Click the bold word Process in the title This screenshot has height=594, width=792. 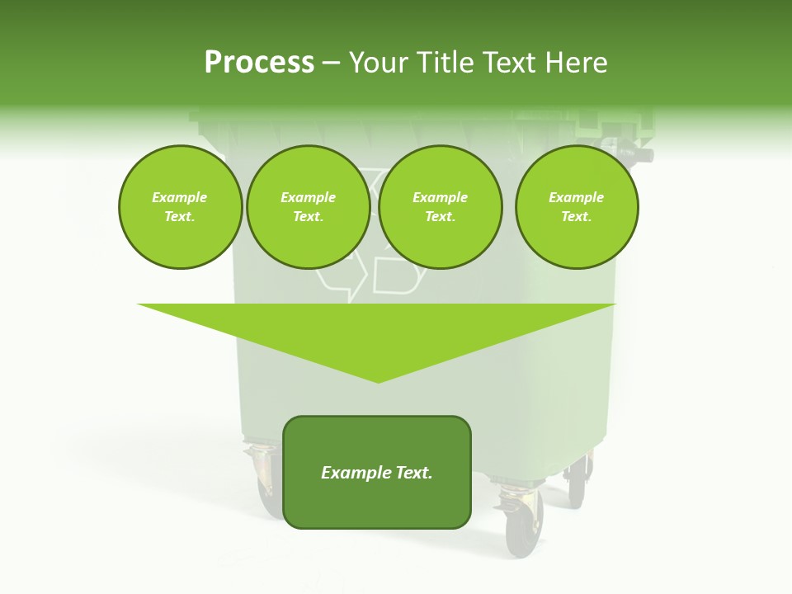[259, 63]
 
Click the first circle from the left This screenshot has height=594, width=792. [180, 207]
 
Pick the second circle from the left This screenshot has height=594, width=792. [308, 207]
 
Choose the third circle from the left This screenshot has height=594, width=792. [440, 207]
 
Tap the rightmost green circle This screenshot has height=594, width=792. [576, 207]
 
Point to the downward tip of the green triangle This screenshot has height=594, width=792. [378, 379]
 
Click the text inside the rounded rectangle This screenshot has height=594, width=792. [376, 473]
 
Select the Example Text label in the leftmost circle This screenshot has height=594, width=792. [180, 207]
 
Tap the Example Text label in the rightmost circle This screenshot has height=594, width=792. [576, 207]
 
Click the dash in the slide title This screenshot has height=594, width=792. [331, 63]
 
